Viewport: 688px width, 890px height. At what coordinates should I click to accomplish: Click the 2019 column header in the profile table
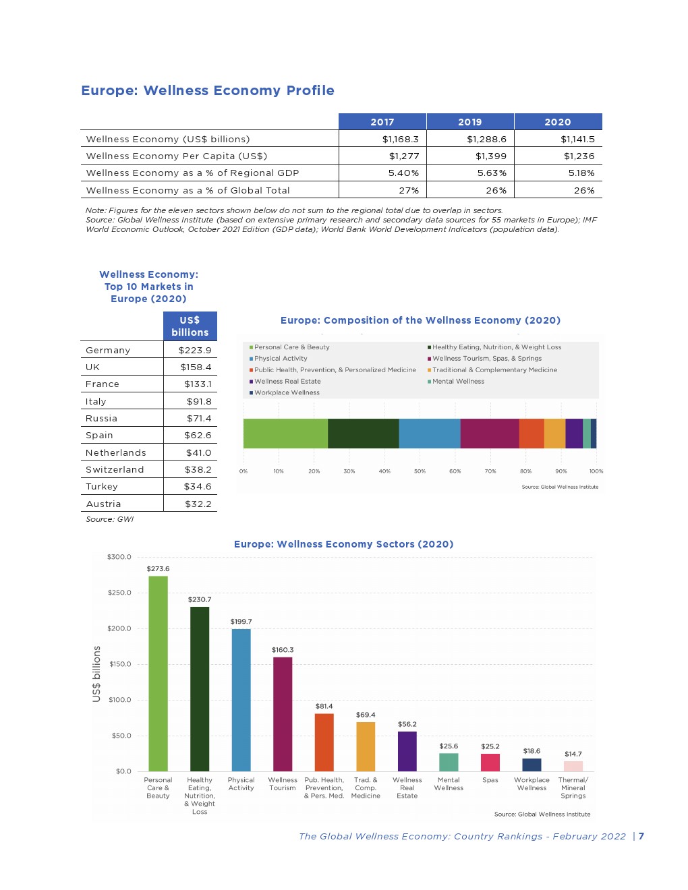coord(469,122)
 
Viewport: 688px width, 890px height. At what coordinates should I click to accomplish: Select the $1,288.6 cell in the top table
coord(486,140)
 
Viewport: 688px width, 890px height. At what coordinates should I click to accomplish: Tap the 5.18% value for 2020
coord(581,173)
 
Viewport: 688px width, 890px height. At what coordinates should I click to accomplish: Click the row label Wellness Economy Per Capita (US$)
coord(177,156)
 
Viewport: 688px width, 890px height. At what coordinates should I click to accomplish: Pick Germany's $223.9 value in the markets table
coord(195,351)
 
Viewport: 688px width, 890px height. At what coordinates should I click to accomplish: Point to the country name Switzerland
coord(115,470)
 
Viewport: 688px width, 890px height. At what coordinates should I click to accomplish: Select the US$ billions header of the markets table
coord(190,326)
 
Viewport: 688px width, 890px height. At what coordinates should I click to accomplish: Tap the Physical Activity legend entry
coord(281,359)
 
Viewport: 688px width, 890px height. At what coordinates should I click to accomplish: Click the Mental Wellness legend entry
coord(458,382)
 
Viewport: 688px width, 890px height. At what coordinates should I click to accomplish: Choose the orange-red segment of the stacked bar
coord(532,434)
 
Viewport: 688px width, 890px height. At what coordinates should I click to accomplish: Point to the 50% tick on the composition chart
coord(420,471)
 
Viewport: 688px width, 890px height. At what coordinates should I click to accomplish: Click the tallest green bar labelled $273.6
coord(158,674)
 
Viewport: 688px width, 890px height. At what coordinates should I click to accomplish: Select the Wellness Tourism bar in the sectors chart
coord(283,715)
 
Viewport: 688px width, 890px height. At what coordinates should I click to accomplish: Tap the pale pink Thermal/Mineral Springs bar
coord(573,767)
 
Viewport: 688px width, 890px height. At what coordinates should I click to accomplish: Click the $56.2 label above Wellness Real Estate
coord(407,725)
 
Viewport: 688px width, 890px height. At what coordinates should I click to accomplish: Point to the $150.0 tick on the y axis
coord(119,665)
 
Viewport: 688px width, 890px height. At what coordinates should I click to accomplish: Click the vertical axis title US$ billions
coord(96,674)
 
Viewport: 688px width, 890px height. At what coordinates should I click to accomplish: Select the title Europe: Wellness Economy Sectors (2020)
coord(343,544)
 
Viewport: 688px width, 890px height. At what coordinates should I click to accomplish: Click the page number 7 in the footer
coord(641,837)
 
